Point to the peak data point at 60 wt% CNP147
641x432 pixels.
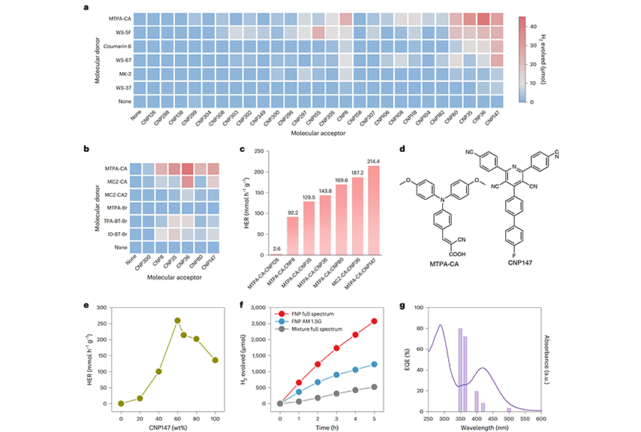pos(178,320)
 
